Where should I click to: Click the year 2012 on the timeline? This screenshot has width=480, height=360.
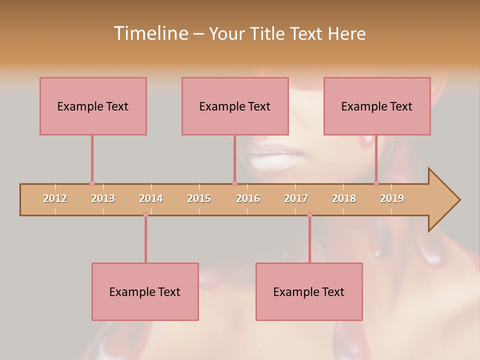pyautogui.click(x=55, y=198)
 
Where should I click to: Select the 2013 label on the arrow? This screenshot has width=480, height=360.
pyautogui.click(x=103, y=198)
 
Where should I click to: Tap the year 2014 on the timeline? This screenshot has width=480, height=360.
pyautogui.click(x=151, y=198)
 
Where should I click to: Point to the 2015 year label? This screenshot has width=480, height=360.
pyautogui.click(x=199, y=198)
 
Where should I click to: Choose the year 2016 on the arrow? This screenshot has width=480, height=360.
pyautogui.click(x=248, y=198)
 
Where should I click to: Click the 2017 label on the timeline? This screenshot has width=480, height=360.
pyautogui.click(x=296, y=198)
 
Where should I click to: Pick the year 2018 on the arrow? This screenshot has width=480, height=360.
pyautogui.click(x=344, y=198)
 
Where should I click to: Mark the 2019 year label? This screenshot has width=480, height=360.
pyautogui.click(x=392, y=198)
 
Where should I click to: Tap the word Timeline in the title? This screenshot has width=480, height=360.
pyautogui.click(x=149, y=33)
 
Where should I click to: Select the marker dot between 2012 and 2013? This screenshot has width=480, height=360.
pyautogui.click(x=92, y=183)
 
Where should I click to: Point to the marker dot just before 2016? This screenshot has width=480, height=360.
pyautogui.click(x=234, y=183)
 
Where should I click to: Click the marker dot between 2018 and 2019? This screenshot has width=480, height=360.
pyautogui.click(x=376, y=183)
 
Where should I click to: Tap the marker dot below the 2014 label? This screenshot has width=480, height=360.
pyautogui.click(x=145, y=215)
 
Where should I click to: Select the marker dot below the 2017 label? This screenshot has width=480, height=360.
pyautogui.click(x=309, y=215)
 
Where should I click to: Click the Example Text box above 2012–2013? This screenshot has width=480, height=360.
pyautogui.click(x=93, y=106)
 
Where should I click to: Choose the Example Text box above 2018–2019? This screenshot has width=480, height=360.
pyautogui.click(x=377, y=106)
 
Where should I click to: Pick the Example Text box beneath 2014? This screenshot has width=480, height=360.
pyautogui.click(x=145, y=291)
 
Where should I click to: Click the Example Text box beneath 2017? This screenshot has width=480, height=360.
pyautogui.click(x=309, y=291)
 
